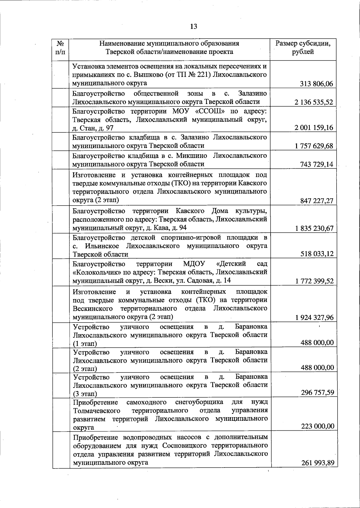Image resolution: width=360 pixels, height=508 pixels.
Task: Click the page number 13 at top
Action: click(x=193, y=26)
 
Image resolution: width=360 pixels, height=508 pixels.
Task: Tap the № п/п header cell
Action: click(x=60, y=48)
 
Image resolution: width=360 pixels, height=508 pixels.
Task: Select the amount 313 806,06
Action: click(x=316, y=84)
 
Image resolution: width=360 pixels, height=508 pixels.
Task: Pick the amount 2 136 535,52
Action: click(x=314, y=102)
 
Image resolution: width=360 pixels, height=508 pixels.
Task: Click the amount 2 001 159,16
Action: click(x=314, y=128)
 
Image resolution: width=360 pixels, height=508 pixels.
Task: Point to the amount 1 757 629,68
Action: click(x=314, y=146)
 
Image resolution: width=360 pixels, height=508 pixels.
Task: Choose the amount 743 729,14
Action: click(x=316, y=164)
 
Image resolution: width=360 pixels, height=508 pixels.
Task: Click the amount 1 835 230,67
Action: click(x=314, y=228)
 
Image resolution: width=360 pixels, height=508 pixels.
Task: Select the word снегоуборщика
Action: click(x=199, y=402)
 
